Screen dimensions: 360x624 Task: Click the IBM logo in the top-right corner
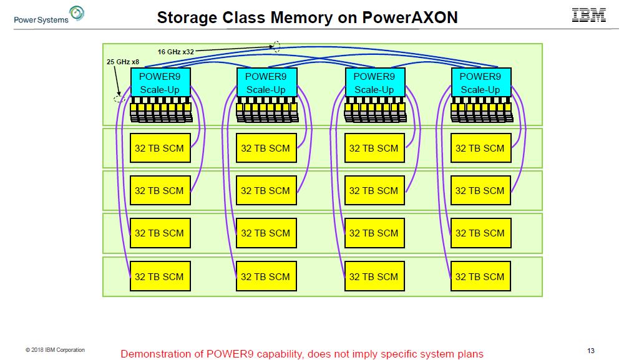point(588,15)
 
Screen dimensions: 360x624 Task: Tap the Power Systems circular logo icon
point(77,13)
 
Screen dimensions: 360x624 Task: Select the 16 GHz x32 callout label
point(176,52)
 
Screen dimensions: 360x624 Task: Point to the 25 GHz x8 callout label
point(123,62)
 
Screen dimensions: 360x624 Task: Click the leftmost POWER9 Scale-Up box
point(160,82)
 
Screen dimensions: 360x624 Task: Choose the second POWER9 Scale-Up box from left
point(266,82)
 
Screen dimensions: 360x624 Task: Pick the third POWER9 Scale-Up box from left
point(374,82)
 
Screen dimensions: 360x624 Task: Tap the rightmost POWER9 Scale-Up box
point(480,82)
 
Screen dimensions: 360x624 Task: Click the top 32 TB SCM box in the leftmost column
point(160,148)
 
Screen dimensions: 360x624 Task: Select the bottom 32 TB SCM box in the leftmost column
point(160,276)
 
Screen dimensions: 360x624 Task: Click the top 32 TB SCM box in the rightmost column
point(480,148)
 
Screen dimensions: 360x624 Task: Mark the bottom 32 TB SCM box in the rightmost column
point(480,276)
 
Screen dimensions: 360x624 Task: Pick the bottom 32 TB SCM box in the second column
point(266,276)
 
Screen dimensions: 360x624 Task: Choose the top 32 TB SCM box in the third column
point(374,148)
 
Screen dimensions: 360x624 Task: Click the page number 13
point(592,350)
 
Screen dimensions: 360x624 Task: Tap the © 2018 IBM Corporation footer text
point(55,350)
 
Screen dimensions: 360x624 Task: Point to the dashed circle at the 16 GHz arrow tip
point(276,46)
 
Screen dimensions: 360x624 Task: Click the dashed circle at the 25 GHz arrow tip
point(119,99)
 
